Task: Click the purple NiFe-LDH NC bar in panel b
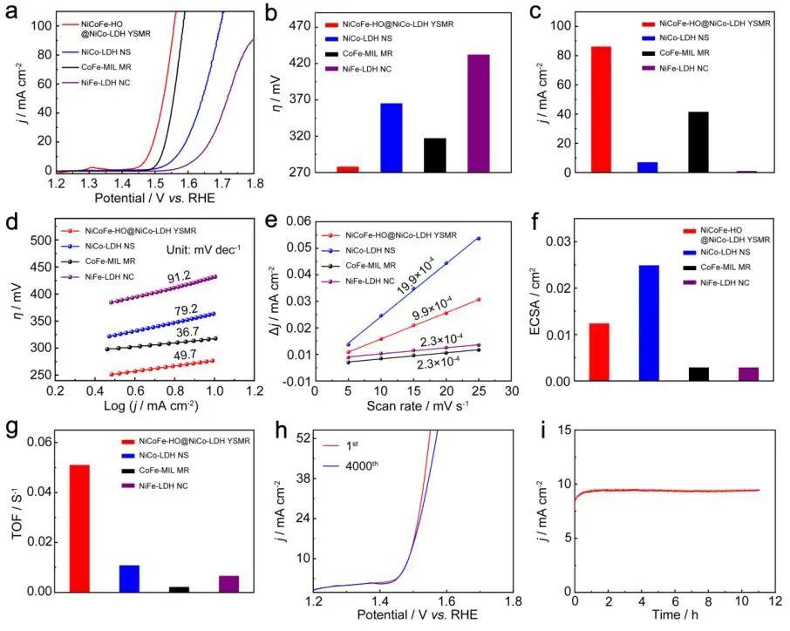point(477,113)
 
